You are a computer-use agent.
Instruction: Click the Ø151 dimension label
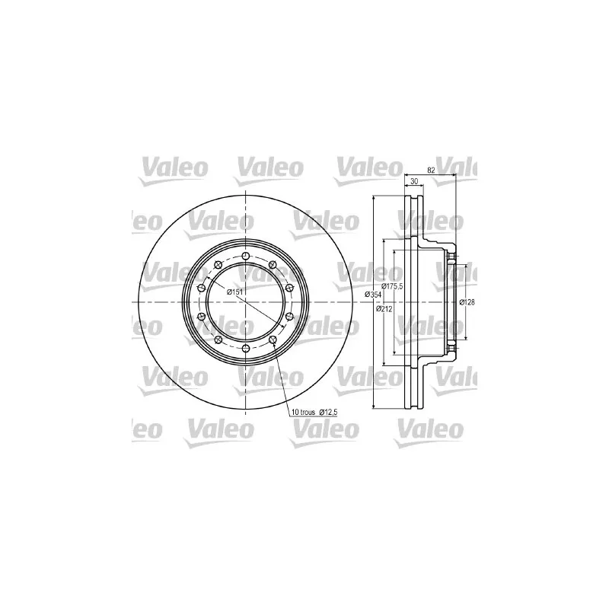tap(235, 292)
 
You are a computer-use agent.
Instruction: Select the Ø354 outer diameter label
tap(374, 294)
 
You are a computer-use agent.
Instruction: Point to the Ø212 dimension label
tap(384, 308)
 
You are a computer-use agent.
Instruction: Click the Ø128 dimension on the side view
tap(467, 302)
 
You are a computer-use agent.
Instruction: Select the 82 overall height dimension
tap(431, 171)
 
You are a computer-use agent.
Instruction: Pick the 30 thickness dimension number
tap(414, 182)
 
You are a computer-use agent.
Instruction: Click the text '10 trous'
tap(302, 413)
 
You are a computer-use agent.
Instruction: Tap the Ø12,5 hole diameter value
tap(327, 413)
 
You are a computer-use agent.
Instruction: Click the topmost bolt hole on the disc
tap(245, 256)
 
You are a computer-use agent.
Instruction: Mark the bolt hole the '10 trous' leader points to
tap(273, 340)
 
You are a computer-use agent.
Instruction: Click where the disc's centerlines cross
tap(245, 302)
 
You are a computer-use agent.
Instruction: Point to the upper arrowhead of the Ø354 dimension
tap(374, 198)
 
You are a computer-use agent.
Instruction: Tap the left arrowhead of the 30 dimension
tap(403, 187)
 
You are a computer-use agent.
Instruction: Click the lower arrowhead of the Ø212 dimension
tap(384, 364)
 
